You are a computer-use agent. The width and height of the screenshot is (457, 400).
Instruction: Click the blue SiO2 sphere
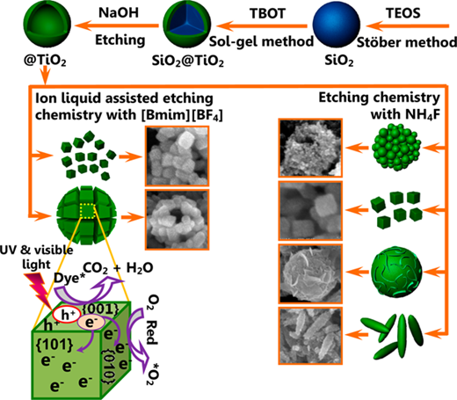click(x=337, y=24)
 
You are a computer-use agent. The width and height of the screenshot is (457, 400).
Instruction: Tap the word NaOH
click(x=119, y=13)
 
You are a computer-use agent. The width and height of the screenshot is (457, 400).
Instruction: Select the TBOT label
click(x=267, y=13)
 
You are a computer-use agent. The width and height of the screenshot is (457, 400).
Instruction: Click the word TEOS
click(x=403, y=13)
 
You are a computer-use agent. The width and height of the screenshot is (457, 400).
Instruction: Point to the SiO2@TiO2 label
click(x=188, y=62)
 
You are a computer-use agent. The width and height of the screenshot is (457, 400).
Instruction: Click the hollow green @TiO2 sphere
click(x=47, y=24)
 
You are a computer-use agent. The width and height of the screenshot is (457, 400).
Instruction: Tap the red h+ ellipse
click(x=66, y=315)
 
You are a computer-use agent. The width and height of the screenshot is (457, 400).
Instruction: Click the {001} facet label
click(x=101, y=309)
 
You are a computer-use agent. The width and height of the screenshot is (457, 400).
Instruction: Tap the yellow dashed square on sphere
click(x=87, y=211)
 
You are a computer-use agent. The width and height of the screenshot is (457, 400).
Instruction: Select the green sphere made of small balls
click(x=396, y=147)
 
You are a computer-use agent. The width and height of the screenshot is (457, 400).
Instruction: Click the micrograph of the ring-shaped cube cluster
click(x=178, y=220)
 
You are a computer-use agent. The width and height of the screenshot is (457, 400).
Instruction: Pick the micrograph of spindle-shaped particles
click(x=310, y=336)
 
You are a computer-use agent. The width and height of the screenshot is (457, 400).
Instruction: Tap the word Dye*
click(x=67, y=278)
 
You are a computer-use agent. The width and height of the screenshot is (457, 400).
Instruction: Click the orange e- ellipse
click(x=91, y=323)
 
